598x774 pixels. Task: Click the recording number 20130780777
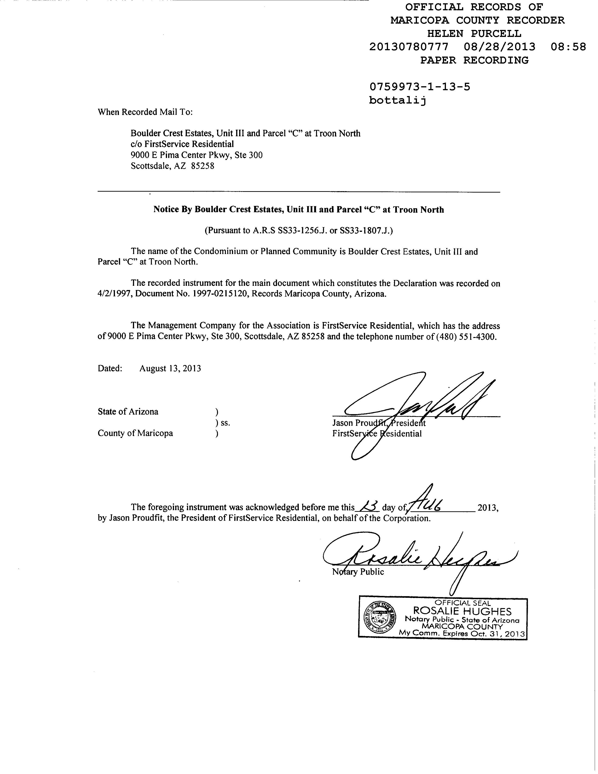(409, 47)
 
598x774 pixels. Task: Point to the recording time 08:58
(568, 47)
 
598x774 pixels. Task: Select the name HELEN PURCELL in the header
(474, 34)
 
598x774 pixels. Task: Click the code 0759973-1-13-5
(420, 87)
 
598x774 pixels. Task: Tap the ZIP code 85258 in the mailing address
(203, 166)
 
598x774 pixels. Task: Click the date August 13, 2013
(170, 369)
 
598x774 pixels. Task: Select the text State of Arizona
(128, 412)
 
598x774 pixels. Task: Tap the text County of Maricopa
(135, 433)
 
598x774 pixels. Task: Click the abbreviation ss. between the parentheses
(225, 423)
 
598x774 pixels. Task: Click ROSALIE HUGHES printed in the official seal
(462, 611)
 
